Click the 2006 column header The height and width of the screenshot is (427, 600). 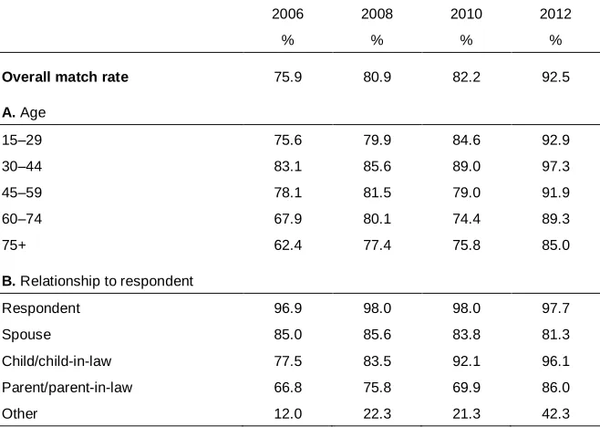pyautogui.click(x=287, y=15)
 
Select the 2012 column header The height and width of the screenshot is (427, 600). pyautogui.click(x=555, y=15)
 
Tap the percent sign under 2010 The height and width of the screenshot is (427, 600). pyautogui.click(x=466, y=40)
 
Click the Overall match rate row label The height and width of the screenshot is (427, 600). pyautogui.click(x=65, y=77)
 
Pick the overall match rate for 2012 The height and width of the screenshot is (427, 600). pyautogui.click(x=555, y=77)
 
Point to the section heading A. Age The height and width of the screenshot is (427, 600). pyautogui.click(x=24, y=112)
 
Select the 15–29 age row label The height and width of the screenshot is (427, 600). pyautogui.click(x=22, y=140)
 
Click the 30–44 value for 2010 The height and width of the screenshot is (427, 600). pyautogui.click(x=466, y=166)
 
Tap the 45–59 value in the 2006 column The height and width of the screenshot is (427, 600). pyautogui.click(x=288, y=193)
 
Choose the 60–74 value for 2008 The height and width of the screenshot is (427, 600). pyautogui.click(x=377, y=219)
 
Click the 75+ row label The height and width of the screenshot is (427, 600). pyautogui.click(x=14, y=245)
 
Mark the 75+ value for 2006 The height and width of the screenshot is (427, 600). pyautogui.click(x=288, y=245)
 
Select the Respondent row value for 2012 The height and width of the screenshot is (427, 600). pyautogui.click(x=555, y=308)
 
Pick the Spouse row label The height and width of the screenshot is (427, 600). pyautogui.click(x=26, y=335)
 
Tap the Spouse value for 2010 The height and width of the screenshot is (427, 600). pyautogui.click(x=466, y=335)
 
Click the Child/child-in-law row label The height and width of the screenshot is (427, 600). pyautogui.click(x=57, y=361)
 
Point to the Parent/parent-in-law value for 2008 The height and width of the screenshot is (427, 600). pyautogui.click(x=377, y=388)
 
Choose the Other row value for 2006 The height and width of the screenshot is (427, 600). pyautogui.click(x=288, y=414)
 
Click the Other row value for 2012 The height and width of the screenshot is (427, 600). pyautogui.click(x=555, y=414)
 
